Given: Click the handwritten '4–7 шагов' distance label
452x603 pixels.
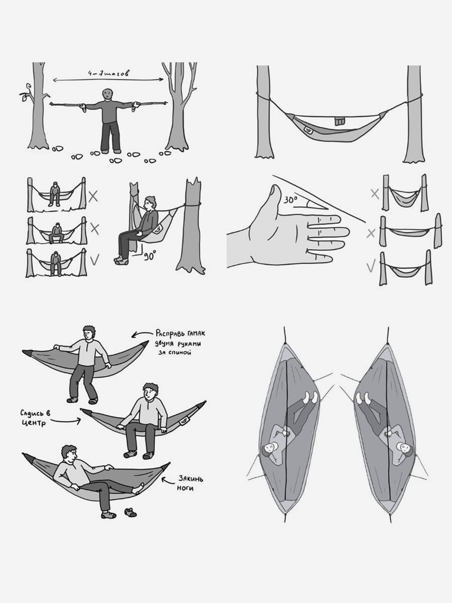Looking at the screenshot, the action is click(x=108, y=72).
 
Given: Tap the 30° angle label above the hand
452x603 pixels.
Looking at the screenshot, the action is click(x=291, y=200).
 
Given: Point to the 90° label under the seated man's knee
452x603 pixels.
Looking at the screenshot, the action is click(x=149, y=256).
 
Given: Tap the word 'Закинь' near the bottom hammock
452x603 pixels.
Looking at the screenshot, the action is click(x=190, y=479).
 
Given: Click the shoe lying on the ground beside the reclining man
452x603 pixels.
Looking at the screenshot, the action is click(x=130, y=512).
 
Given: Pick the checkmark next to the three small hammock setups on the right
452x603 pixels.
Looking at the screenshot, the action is click(x=371, y=266).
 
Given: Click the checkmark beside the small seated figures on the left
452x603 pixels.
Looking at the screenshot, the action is click(x=94, y=260).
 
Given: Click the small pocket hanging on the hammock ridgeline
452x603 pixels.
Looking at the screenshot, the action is click(x=338, y=120).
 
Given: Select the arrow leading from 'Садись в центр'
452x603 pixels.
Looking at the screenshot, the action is click(x=65, y=420).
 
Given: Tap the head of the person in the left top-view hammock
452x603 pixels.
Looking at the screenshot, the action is click(x=270, y=448).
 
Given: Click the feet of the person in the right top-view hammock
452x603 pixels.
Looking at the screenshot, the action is click(x=361, y=397).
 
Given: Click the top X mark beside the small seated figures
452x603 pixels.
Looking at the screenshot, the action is click(x=93, y=197).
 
